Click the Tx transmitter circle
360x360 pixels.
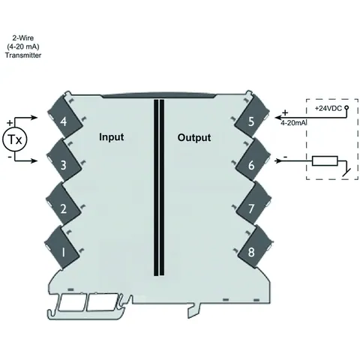coord(15,139)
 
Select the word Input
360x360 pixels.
coord(112,137)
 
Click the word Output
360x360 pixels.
coord(194,137)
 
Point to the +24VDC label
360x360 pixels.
coord(328,108)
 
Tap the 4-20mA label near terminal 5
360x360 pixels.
coord(293,123)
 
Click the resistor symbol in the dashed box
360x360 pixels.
coord(325,161)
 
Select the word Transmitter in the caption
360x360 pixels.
coord(23,55)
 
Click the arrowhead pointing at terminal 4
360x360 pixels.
coord(34,117)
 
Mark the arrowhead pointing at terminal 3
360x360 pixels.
coord(34,160)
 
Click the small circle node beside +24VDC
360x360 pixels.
coord(346,108)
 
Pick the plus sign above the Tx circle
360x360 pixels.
coord(10,123)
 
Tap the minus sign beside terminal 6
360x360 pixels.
coord(285,157)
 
